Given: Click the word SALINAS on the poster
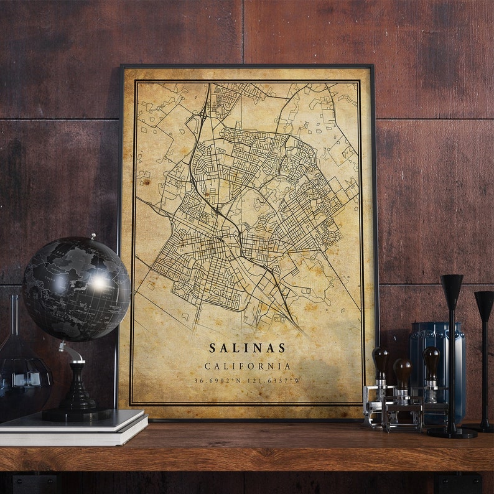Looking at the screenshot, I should click(248, 348).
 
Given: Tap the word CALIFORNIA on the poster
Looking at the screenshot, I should click(248, 366).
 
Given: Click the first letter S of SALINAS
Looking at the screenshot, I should click(212, 348).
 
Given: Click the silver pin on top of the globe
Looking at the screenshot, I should click(93, 236).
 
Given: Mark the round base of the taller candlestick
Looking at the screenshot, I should click(452, 432).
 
